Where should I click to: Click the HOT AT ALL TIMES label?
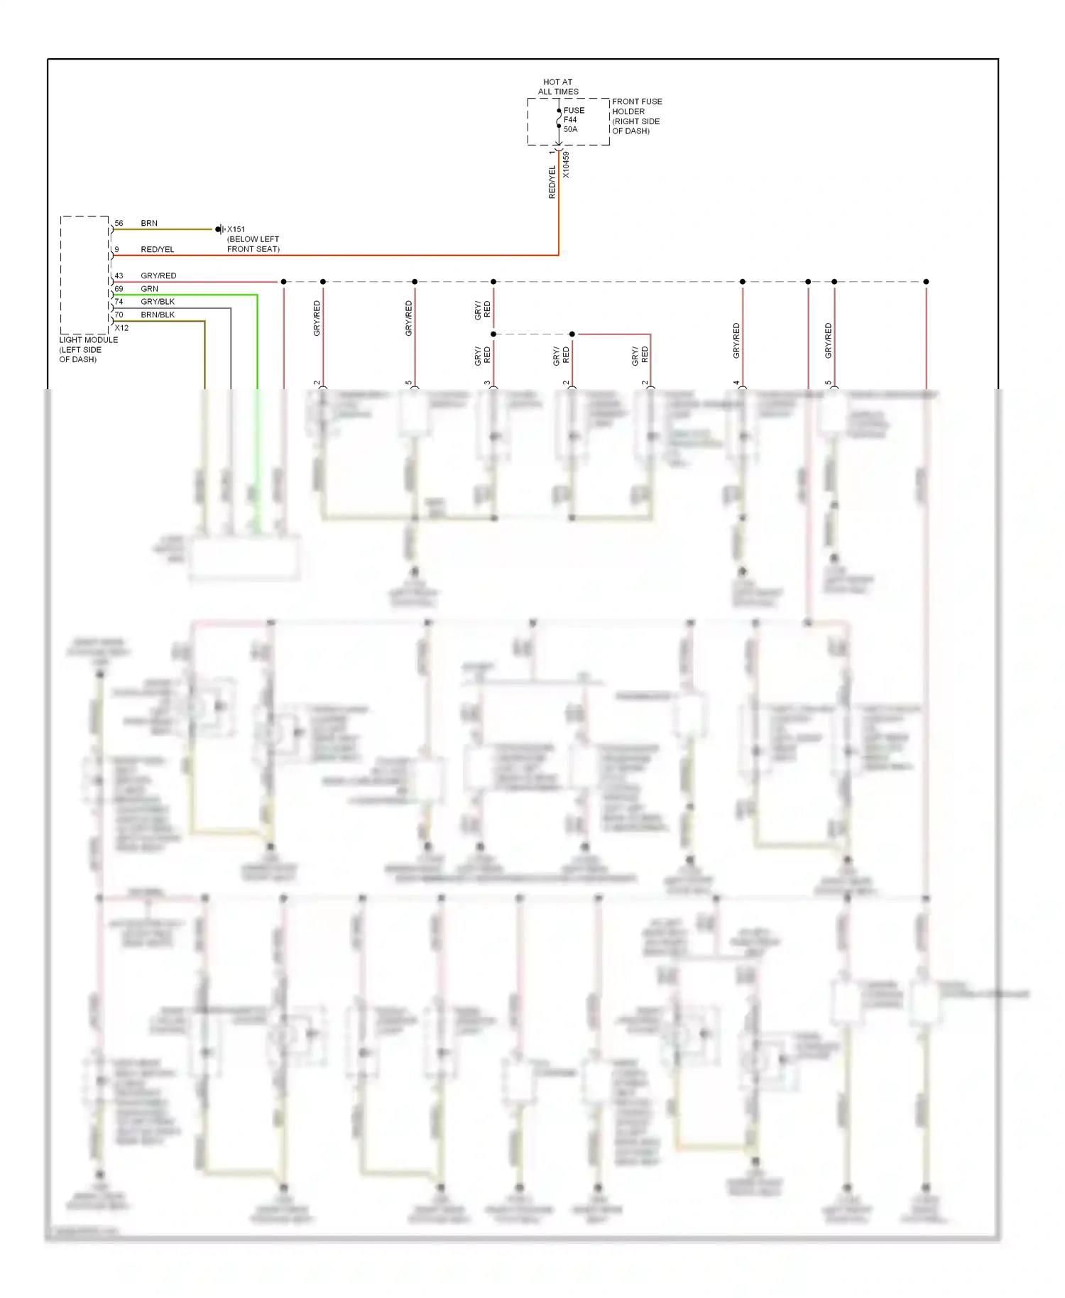tap(558, 87)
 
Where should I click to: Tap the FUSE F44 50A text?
tap(574, 120)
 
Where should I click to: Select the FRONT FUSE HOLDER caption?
tap(637, 116)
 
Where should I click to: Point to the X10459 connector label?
tap(566, 165)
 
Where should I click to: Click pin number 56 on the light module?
tap(119, 223)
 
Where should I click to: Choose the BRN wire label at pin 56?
tap(149, 223)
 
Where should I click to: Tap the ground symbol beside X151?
tap(219, 229)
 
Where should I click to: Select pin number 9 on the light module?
tap(116, 249)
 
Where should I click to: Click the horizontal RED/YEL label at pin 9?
tap(157, 249)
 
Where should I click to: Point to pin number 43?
tap(119, 276)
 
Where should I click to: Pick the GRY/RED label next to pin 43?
tap(158, 276)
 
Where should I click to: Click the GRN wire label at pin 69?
tap(149, 288)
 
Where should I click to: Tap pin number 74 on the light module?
tap(119, 301)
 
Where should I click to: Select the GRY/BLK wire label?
tap(158, 301)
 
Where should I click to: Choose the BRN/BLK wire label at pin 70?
tap(158, 315)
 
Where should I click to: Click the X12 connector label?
tap(121, 327)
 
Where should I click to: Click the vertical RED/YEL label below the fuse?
tap(552, 182)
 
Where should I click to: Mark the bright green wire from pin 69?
tap(257, 341)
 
